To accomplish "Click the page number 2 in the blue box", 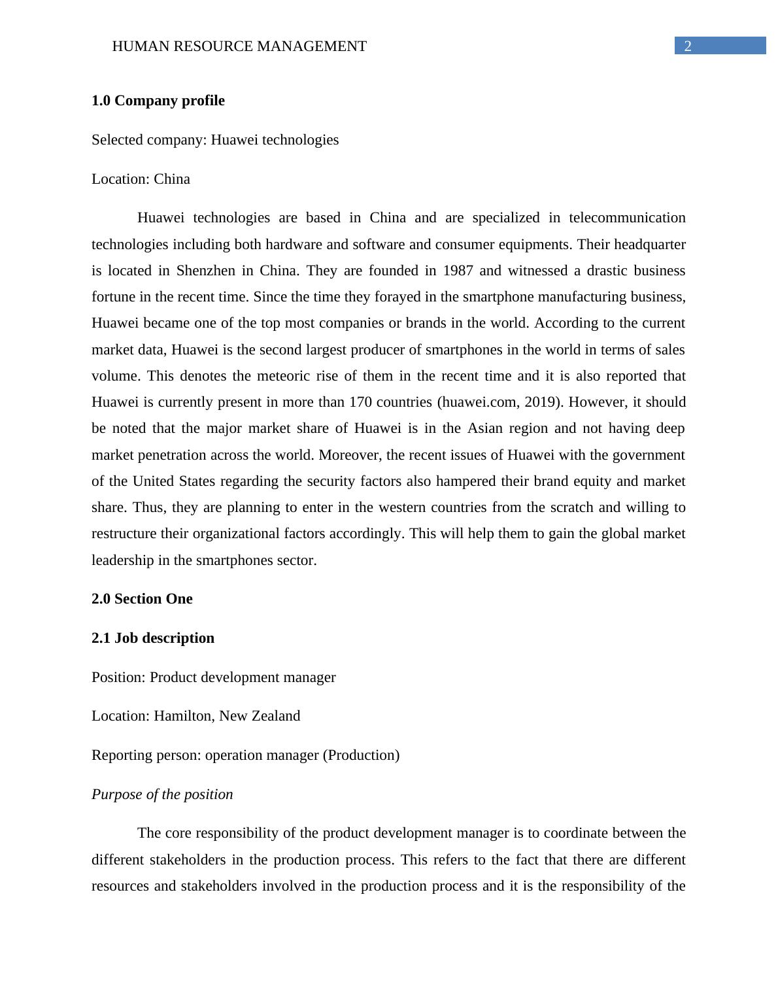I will pyautogui.click(x=687, y=46).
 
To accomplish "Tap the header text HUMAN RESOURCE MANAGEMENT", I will pyautogui.click(x=239, y=46).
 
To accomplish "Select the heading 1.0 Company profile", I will pyautogui.click(x=158, y=101).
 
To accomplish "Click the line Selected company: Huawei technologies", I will pyautogui.click(x=215, y=140).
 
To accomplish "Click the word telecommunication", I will pyautogui.click(x=627, y=218).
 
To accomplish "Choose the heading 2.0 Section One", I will pyautogui.click(x=142, y=599).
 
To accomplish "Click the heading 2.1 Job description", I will pyautogui.click(x=153, y=638).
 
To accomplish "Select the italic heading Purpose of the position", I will pyautogui.click(x=162, y=794).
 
